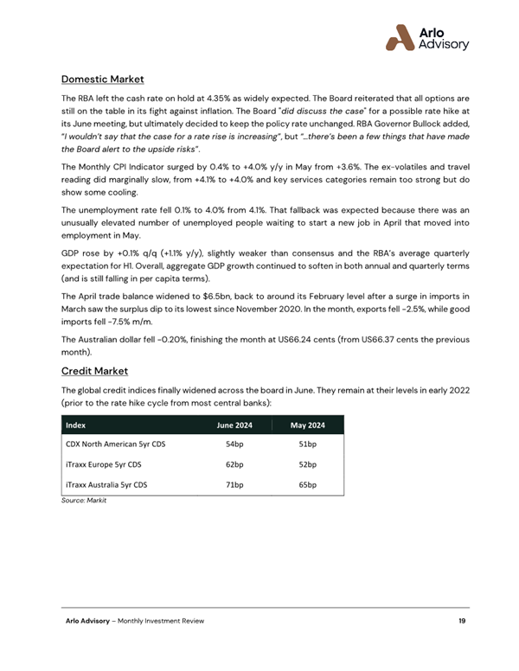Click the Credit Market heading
(94, 371)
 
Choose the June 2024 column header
(234, 425)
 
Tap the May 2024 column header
(307, 425)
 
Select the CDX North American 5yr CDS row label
(115, 444)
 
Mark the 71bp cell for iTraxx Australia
(234, 486)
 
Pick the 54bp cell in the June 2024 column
(234, 444)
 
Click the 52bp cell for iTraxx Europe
(307, 465)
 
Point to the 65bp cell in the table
(307, 486)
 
